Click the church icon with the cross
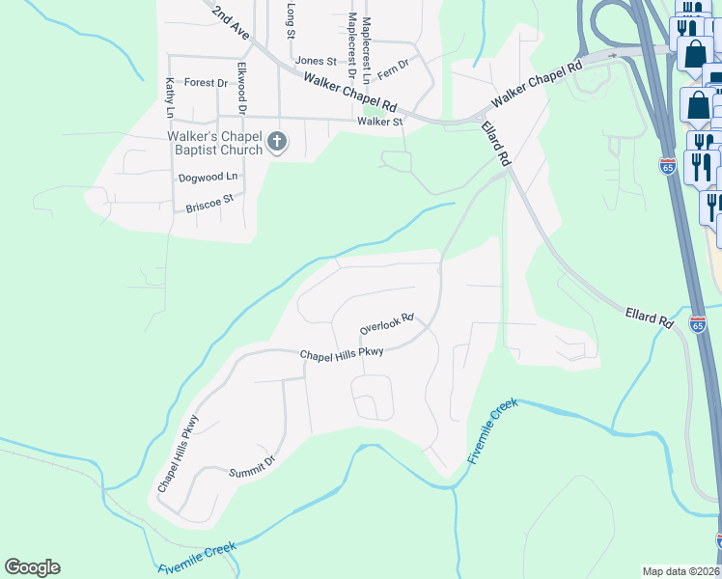click(x=276, y=143)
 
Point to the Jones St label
click(x=316, y=61)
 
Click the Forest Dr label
click(x=206, y=83)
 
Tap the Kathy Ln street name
click(x=170, y=97)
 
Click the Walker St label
click(x=379, y=122)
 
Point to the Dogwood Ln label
click(x=208, y=178)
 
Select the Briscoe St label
click(x=210, y=204)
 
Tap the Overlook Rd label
click(x=386, y=323)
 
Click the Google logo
click(x=32, y=567)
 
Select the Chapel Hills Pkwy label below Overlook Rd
click(x=342, y=353)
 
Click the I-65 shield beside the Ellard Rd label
click(x=697, y=324)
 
